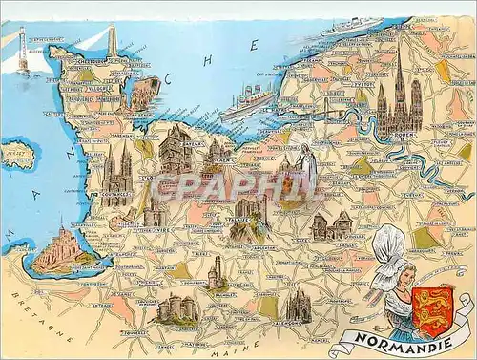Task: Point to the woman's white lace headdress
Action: [x=391, y=250]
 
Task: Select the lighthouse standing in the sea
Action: [x=21, y=53]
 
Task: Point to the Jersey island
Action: [x=16, y=155]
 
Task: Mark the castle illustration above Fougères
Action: [x=176, y=307]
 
